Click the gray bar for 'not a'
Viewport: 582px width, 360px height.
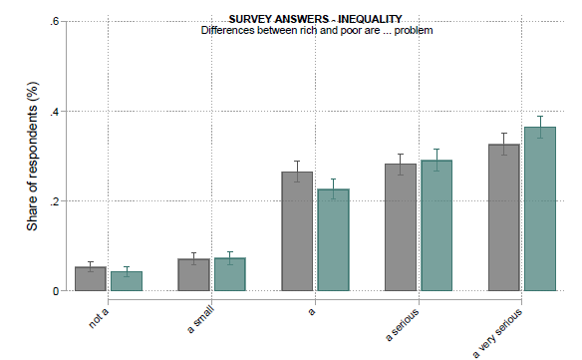(91, 278)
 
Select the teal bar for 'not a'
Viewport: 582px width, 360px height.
(127, 281)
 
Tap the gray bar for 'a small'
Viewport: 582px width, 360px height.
(193, 274)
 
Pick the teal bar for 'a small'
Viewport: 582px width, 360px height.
(230, 274)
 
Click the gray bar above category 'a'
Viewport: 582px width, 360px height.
(297, 231)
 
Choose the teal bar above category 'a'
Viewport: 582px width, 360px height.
(333, 240)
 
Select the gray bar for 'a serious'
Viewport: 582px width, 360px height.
(401, 227)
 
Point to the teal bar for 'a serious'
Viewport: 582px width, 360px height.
(436, 225)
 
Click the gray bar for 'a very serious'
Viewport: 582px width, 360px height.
(503, 217)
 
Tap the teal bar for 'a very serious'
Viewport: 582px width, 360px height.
(540, 208)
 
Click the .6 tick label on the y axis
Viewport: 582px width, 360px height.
(55, 21)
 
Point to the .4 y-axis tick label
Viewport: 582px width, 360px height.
(55, 111)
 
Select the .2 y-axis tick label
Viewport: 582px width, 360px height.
(55, 201)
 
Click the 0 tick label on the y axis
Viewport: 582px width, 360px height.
(56, 291)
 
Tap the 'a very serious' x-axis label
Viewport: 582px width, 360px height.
(497, 333)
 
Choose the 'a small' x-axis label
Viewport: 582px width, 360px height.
(200, 319)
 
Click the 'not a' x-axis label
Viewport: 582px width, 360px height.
(99, 318)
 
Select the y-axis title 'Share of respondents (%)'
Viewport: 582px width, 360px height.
(32, 156)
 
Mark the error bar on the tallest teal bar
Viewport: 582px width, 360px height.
(540, 127)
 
